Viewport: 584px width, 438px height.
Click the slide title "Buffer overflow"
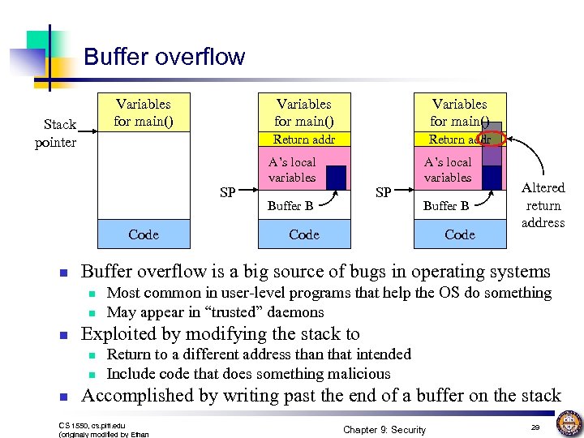pos(164,57)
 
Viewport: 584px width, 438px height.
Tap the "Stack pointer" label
pos(56,133)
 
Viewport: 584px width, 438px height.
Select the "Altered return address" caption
pos(543,205)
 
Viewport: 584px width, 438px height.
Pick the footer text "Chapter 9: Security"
pos(384,429)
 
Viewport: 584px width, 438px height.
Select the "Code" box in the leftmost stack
pos(144,234)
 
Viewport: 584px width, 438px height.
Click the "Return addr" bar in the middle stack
pos(303,140)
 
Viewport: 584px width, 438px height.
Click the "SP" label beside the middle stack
pos(228,193)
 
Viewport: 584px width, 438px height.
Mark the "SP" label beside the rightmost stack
pos(384,193)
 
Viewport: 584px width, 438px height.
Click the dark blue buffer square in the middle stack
pos(337,177)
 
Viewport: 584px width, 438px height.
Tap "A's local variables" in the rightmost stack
pos(448,170)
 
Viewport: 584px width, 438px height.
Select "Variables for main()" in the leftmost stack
pos(144,113)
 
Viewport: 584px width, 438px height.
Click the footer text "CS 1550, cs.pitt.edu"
pos(92,424)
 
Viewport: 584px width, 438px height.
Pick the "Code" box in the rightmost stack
pos(459,234)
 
